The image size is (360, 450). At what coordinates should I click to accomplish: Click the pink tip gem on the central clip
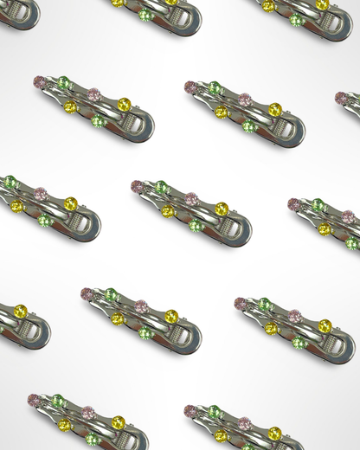point(136,186)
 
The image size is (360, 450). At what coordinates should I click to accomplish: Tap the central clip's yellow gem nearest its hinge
point(222,209)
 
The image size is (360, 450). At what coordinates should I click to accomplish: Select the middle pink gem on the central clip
point(191,198)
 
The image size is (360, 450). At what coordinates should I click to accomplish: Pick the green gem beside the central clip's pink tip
point(161,187)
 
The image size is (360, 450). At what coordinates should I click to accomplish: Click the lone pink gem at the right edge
point(342,98)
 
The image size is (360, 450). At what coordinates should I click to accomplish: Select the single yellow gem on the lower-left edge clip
point(20,312)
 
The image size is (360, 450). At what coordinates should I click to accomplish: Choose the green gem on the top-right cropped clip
point(297,19)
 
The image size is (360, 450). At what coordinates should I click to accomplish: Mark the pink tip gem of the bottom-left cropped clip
point(34,400)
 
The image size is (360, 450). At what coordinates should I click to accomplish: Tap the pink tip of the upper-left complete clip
point(39,81)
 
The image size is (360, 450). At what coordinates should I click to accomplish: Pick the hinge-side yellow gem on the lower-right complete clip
point(325,326)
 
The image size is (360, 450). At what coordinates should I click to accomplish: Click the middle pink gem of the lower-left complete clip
point(141,305)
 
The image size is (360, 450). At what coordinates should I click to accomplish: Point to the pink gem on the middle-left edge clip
point(40,194)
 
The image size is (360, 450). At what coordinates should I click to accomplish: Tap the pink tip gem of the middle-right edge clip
point(295,205)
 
